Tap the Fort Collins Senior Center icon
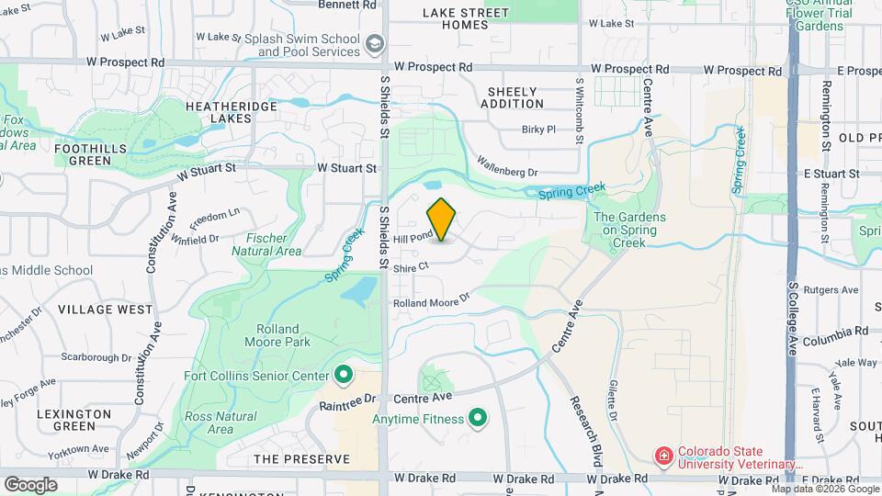coord(344,375)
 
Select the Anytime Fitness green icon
coord(478,420)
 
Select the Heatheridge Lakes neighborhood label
coord(219,111)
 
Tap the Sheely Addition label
coord(515,97)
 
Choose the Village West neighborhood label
coord(105,310)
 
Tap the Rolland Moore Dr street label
coord(431,300)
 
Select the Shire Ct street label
coord(411,266)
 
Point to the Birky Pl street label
coord(538,130)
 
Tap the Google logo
coord(30,484)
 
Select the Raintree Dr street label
coord(348,402)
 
